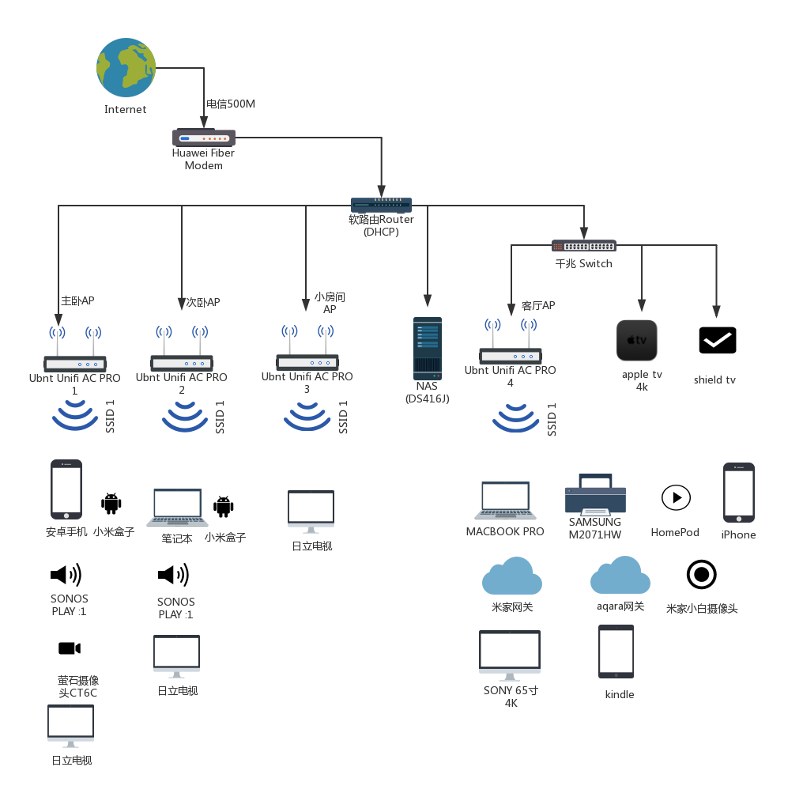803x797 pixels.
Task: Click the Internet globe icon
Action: click(126, 68)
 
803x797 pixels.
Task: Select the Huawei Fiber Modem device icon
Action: click(204, 138)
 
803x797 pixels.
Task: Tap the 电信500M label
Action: click(231, 104)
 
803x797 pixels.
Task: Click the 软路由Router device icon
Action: click(381, 205)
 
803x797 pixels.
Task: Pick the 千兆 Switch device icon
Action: click(583, 246)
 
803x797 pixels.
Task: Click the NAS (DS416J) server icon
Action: click(428, 348)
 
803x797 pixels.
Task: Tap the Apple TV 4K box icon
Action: click(637, 340)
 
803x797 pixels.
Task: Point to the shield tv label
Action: click(714, 380)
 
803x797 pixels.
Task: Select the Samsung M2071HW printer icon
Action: click(595, 496)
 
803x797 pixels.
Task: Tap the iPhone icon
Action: click(739, 493)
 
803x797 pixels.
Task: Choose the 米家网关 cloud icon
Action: click(512, 576)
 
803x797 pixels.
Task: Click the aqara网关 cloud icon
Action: click(620, 576)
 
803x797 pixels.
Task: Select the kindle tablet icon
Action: click(616, 652)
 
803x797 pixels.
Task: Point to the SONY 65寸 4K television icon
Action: click(510, 655)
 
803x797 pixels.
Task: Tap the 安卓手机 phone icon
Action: click(66, 489)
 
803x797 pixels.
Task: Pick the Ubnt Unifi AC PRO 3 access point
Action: click(307, 351)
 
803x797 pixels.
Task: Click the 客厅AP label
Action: click(538, 306)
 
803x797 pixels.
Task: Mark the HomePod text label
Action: click(675, 533)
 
